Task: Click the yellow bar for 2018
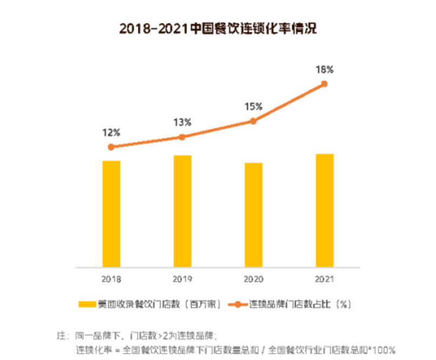(x=111, y=214)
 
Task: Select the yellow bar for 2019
(x=182, y=211)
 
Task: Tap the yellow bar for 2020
(x=253, y=215)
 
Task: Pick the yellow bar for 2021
(x=325, y=210)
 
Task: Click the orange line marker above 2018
(x=111, y=147)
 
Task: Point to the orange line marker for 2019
(x=182, y=137)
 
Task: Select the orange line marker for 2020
(x=253, y=121)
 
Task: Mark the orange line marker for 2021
(x=325, y=84)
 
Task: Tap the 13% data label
(x=182, y=122)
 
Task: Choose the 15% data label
(x=253, y=106)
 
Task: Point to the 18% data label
(x=325, y=69)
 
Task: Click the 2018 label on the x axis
(x=111, y=279)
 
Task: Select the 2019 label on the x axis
(x=182, y=279)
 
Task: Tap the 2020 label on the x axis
(x=253, y=279)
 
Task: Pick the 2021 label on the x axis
(x=325, y=279)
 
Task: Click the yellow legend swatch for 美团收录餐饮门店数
(x=86, y=303)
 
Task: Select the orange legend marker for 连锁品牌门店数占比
(x=236, y=303)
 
